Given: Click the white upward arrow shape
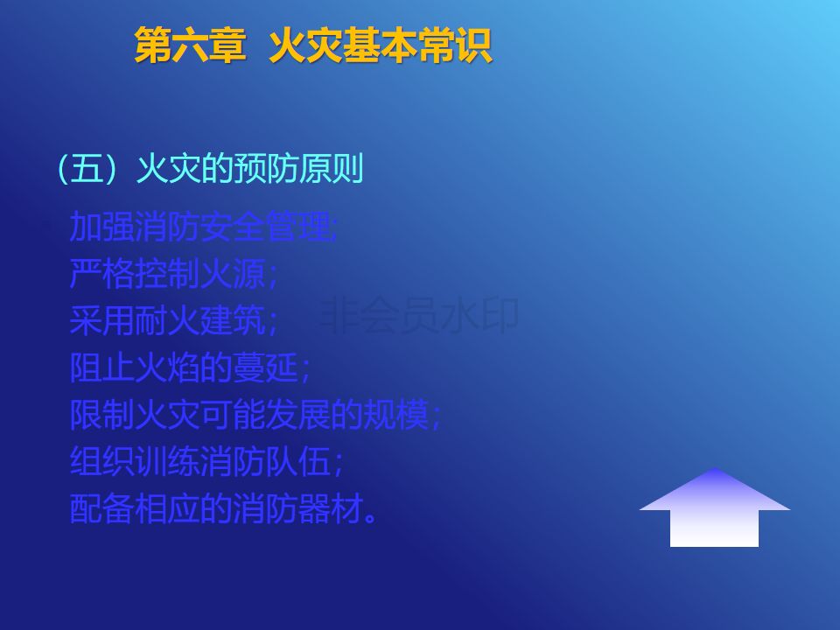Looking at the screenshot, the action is (715, 509).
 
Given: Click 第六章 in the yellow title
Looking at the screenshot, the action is (190, 45).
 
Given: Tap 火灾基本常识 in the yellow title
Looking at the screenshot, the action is (381, 45).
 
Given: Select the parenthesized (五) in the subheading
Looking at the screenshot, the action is (87, 169).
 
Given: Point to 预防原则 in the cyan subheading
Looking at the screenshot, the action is (299, 169).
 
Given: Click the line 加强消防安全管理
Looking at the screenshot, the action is (204, 227).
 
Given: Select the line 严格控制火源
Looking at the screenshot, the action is (173, 274).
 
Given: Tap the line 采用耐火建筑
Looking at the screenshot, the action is (173, 321).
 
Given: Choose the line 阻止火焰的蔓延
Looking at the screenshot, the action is (190, 368).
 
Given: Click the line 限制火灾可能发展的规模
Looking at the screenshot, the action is (255, 415).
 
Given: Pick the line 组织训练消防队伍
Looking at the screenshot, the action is (206, 461).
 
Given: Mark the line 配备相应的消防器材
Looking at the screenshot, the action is (223, 508).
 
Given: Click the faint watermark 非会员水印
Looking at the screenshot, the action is (418, 315).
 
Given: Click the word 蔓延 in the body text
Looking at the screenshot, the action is (266, 368).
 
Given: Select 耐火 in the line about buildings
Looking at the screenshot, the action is (167, 321).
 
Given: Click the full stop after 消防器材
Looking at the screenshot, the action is (370, 517).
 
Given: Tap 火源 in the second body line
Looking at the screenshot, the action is (233, 274).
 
